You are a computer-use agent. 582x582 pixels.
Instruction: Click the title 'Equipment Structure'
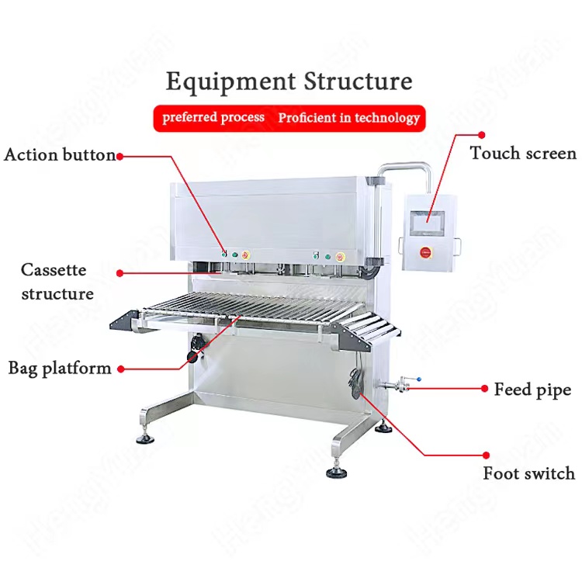tap(289, 81)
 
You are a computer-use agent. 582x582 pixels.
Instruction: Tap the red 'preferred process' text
tap(213, 118)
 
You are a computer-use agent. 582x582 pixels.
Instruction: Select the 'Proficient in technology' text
tap(348, 118)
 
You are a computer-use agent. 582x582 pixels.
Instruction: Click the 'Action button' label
tap(60, 154)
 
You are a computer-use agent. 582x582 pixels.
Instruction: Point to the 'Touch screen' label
tap(523, 153)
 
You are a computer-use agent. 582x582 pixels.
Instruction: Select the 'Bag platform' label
tap(60, 368)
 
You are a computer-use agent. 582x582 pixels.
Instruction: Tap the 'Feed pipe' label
tap(532, 389)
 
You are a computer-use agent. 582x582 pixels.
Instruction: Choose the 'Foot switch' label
tap(529, 473)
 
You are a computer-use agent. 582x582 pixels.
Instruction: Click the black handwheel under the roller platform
tap(193, 346)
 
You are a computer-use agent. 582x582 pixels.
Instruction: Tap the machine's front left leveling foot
tap(145, 438)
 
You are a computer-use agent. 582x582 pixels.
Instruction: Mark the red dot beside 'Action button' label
tap(120, 155)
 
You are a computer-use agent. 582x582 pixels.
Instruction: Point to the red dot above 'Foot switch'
tap(486, 456)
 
